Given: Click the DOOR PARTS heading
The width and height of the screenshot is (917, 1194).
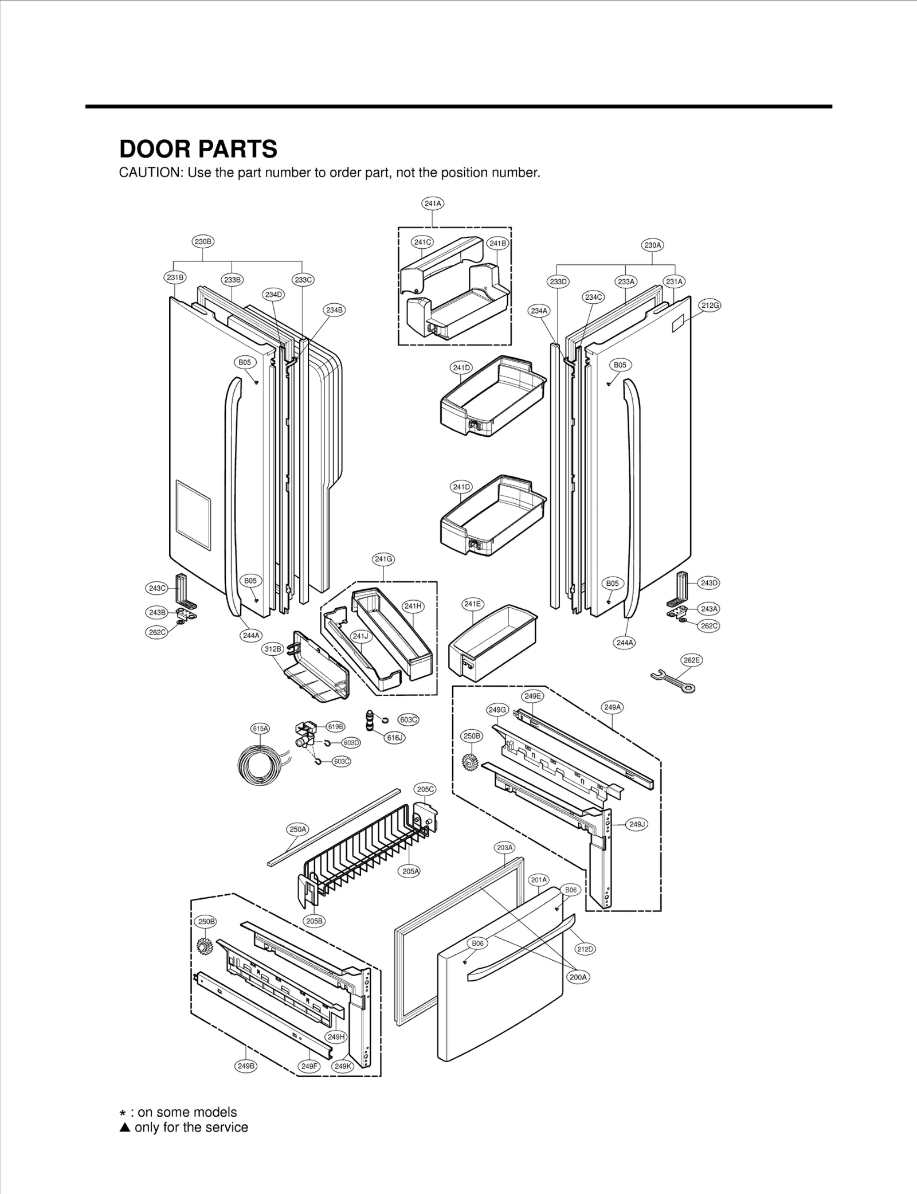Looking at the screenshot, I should (x=198, y=149).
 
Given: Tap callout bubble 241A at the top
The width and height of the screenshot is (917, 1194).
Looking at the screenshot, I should (x=433, y=203).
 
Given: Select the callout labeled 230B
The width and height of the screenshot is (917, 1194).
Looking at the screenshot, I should (x=203, y=242).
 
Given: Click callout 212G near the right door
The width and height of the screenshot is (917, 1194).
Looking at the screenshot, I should (x=710, y=306).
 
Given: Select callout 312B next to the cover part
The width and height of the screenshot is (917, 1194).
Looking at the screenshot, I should (x=273, y=649).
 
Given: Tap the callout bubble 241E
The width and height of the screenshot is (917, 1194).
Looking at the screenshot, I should (x=473, y=604).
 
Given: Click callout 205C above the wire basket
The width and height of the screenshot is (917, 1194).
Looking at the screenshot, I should (x=425, y=789).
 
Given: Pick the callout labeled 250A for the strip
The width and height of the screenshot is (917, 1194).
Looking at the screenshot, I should (x=298, y=829).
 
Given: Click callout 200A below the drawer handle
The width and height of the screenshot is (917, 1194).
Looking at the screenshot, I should (x=579, y=977).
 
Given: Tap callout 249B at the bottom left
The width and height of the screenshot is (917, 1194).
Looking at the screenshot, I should (x=245, y=1066).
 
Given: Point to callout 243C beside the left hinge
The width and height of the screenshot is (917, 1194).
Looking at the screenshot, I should (x=157, y=588).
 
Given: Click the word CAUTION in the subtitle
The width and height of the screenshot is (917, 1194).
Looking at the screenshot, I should (x=149, y=173).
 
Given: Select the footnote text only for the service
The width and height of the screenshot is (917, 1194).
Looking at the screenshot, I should (x=191, y=1128).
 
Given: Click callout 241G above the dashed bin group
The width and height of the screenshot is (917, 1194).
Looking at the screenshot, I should (x=383, y=559).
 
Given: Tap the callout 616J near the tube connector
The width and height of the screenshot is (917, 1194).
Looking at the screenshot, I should (x=394, y=738).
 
